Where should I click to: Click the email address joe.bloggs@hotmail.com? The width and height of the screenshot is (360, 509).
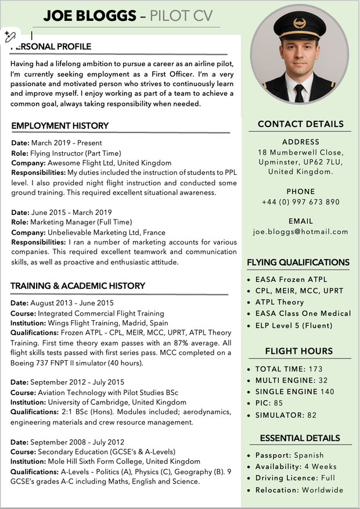click(300, 232)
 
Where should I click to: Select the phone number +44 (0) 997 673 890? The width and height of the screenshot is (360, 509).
click(300, 202)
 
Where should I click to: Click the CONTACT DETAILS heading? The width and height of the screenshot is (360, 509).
click(300, 124)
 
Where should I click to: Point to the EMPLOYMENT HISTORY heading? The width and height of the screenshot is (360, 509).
click(60, 126)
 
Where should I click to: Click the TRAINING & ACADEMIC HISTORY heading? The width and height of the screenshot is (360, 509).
click(78, 286)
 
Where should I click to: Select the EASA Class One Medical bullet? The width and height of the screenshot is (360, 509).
click(303, 314)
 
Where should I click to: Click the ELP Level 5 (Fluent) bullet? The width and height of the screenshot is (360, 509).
click(294, 325)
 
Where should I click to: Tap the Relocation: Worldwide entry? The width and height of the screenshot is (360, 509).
click(299, 490)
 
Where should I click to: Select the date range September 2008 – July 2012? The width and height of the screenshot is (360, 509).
click(77, 442)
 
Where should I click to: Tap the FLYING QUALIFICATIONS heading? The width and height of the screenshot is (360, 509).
click(298, 263)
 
